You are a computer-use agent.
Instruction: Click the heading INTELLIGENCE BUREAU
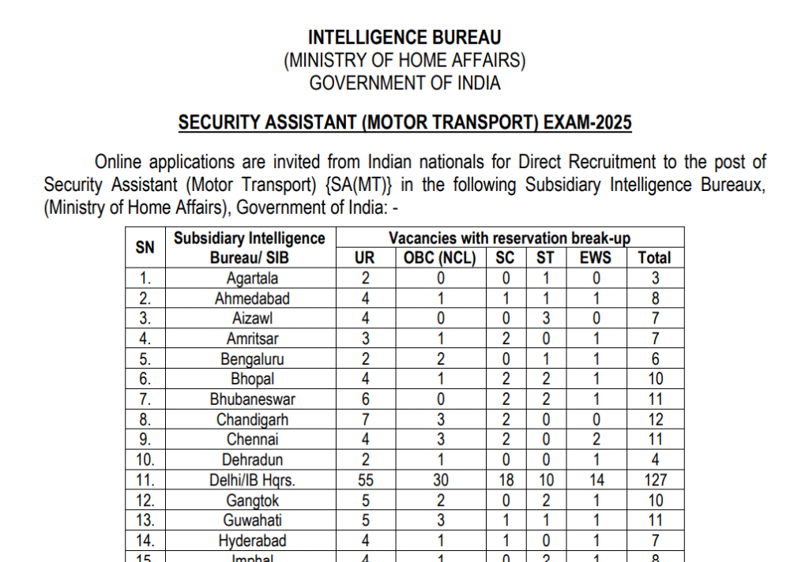[404, 37]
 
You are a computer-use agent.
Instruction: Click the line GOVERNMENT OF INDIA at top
[404, 83]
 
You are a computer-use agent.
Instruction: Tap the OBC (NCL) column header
[440, 257]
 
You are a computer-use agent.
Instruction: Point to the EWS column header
[595, 257]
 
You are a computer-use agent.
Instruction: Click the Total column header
[654, 257]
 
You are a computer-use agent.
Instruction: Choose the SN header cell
[145, 247]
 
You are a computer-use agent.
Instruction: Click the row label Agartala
[252, 278]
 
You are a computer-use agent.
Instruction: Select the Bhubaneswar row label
[252, 399]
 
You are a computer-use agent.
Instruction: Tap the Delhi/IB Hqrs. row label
[252, 480]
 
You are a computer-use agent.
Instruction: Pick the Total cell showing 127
[655, 480]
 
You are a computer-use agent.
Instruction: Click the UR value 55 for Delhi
[365, 480]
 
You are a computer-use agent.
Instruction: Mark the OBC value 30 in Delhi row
[440, 480]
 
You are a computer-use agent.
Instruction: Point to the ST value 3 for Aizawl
[545, 318]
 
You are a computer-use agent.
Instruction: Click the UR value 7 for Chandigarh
[365, 419]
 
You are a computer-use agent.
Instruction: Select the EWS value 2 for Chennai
[596, 440]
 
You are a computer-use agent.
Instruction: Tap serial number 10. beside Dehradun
[145, 460]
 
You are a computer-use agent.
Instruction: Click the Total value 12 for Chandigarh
[655, 419]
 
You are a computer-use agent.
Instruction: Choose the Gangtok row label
[252, 500]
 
